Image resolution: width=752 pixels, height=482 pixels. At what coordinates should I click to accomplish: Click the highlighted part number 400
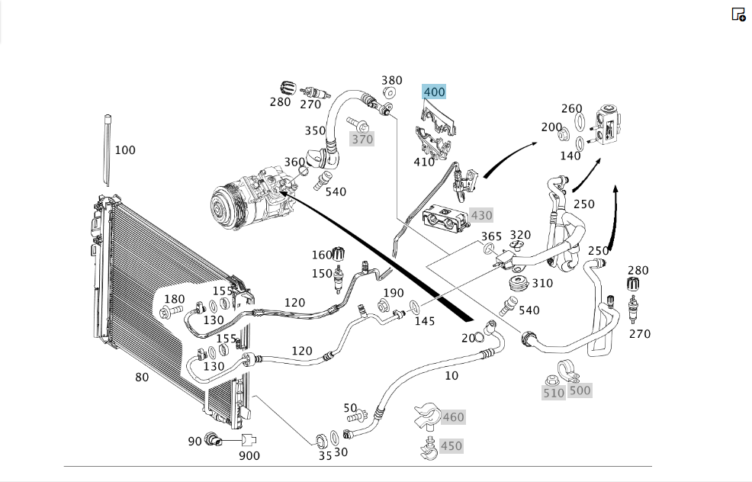pos(434,92)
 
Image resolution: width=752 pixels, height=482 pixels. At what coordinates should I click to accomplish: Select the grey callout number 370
pos(362,139)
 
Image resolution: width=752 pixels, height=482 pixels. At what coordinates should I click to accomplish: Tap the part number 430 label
pos(481,215)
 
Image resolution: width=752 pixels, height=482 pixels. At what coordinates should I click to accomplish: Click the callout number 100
pos(125,150)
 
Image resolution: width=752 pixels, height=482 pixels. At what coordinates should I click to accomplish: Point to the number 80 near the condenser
pos(142,378)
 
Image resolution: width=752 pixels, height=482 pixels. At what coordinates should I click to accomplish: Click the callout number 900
pos(249,455)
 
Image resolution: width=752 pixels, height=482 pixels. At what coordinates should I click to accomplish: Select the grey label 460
pos(453,417)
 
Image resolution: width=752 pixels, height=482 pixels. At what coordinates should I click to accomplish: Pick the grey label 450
pos(452,446)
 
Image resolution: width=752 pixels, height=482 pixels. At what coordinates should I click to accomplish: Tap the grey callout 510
pos(554,394)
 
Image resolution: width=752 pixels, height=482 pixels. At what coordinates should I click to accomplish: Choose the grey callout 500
pos(580,390)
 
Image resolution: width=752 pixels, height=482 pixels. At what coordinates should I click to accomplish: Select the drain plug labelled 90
pos(212,439)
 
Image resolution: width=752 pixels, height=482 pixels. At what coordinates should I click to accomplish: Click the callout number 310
pos(542,284)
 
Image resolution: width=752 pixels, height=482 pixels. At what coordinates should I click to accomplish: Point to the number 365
pos(491,236)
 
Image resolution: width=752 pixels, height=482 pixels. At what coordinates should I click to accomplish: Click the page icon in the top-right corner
pos(738,14)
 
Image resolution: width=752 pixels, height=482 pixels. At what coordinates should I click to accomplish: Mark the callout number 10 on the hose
pos(452,375)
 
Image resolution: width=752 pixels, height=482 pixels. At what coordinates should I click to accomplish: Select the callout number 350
pos(315,130)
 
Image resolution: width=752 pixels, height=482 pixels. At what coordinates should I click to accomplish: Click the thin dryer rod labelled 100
pos(108,149)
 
